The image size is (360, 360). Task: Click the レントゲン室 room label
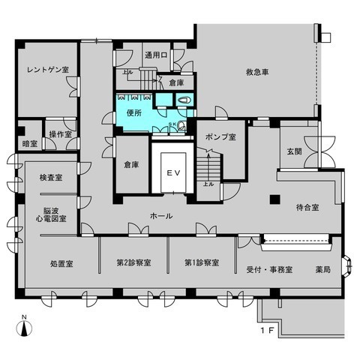[x=47, y=70]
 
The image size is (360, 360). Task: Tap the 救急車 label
[x=256, y=73]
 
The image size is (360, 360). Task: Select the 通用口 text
[x=155, y=55]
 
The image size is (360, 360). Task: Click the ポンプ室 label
[x=220, y=137]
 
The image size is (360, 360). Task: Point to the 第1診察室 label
[x=202, y=264]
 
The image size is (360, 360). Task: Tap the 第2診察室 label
[x=133, y=264]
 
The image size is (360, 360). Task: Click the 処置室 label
[x=61, y=264]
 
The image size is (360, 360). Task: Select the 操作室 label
[x=60, y=133]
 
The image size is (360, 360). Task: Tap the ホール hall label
[x=161, y=216]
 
